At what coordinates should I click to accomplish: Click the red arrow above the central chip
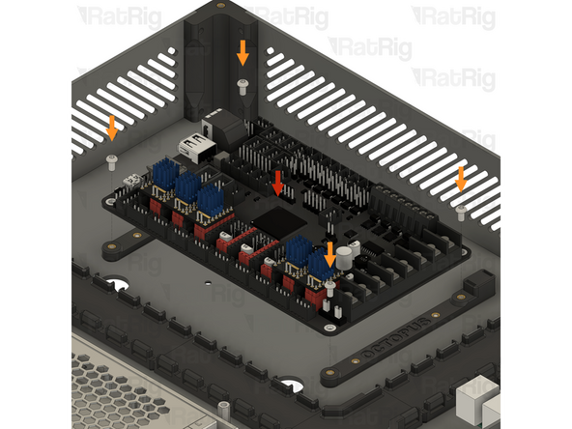pyautogui.click(x=279, y=182)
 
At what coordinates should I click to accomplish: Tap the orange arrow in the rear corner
pyautogui.click(x=243, y=52)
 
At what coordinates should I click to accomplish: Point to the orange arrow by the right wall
pyautogui.click(x=461, y=178)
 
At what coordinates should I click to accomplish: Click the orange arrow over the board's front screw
pyautogui.click(x=329, y=254)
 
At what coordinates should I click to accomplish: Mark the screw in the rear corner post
pyautogui.click(x=243, y=86)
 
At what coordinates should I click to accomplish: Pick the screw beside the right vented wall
pyautogui.click(x=461, y=209)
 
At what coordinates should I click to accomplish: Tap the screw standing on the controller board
pyautogui.click(x=329, y=287)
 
